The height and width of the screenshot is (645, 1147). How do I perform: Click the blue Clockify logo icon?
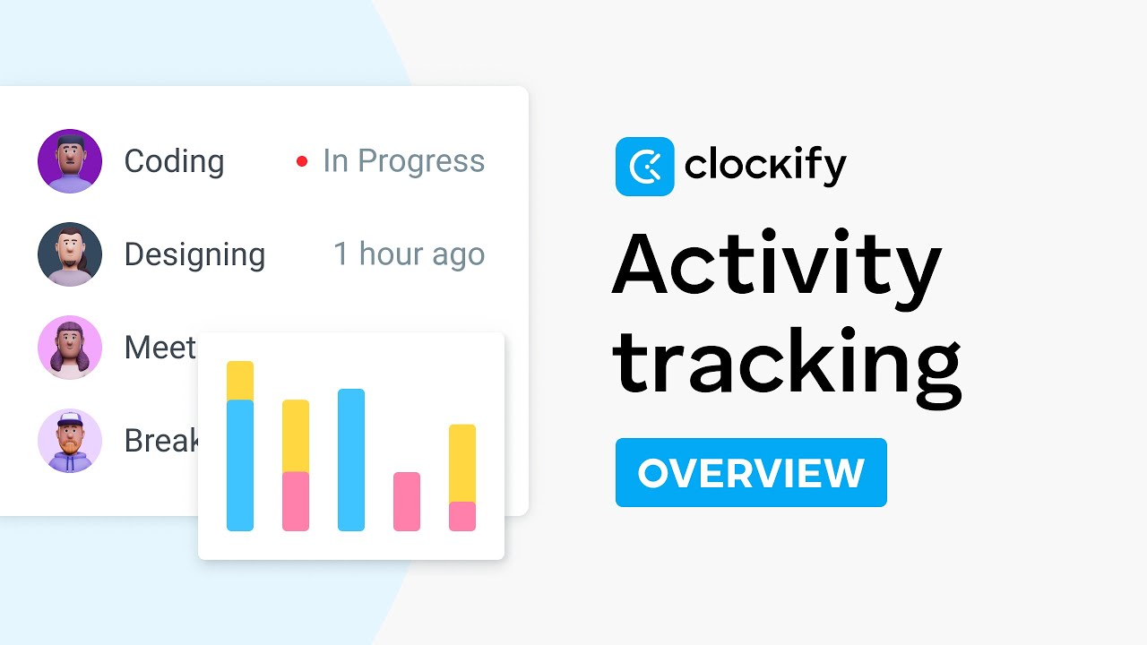coord(644,167)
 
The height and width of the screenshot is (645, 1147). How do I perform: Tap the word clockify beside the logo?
coord(764,167)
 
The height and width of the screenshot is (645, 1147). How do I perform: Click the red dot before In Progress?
coord(302,161)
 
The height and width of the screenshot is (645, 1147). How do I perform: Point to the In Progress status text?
coord(403,161)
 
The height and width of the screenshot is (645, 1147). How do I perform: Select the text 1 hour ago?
coord(409,254)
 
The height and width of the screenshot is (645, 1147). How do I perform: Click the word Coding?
coord(174,161)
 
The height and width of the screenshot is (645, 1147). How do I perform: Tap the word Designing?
coord(194,254)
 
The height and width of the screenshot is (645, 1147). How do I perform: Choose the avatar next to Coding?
coord(70,161)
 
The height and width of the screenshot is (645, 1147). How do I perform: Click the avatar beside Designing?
coord(70,254)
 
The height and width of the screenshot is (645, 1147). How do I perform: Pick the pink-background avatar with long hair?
coord(70,348)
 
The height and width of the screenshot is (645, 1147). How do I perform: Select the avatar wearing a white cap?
coord(70,441)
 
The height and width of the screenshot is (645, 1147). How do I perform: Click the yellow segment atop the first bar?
coord(240,381)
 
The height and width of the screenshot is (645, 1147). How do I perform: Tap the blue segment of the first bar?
coord(240,465)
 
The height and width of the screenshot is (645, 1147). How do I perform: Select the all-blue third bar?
coord(351,460)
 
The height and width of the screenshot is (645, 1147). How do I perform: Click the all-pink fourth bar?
coord(407,502)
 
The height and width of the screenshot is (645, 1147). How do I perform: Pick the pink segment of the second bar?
coord(296,502)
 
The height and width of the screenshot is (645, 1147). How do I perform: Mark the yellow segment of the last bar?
coord(462,463)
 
